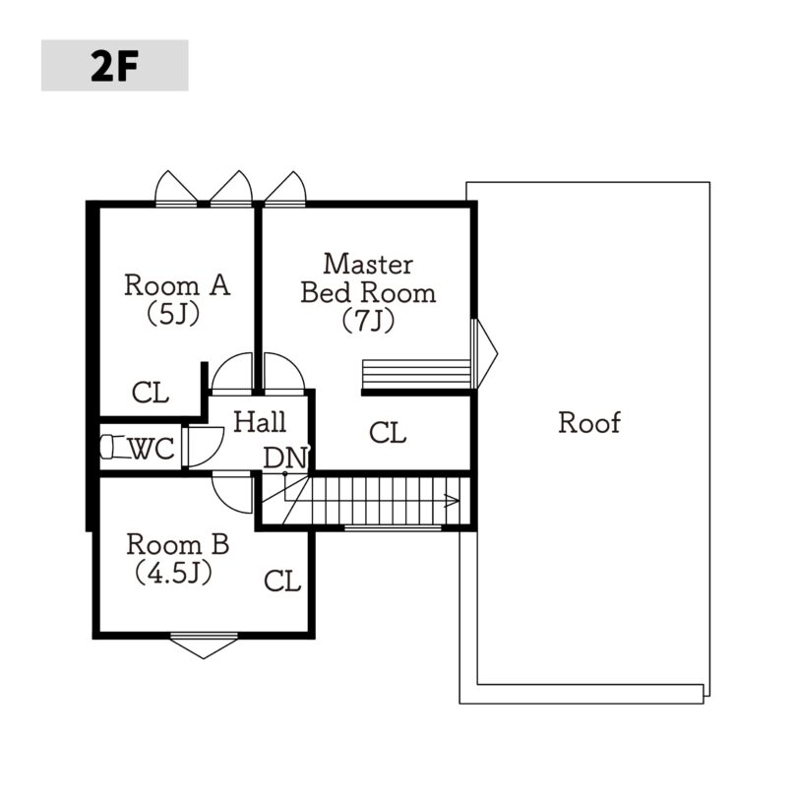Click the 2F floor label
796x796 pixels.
tap(114, 66)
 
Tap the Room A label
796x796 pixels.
tap(177, 284)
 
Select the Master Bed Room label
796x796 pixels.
tap(368, 278)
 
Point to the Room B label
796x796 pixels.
tap(178, 544)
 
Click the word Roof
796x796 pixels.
tap(588, 422)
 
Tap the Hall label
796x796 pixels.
tap(260, 422)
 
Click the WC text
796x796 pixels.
tap(152, 449)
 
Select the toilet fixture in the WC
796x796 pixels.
tap(112, 447)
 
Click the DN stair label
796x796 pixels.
tap(285, 458)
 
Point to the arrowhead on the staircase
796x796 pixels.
tap(452, 501)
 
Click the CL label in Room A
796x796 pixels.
tap(151, 393)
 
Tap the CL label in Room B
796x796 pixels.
tap(282, 581)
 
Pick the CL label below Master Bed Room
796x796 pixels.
tap(388, 433)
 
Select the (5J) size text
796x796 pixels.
tap(173, 314)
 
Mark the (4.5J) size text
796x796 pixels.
tap(173, 574)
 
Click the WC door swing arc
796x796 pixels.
tap(216, 452)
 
